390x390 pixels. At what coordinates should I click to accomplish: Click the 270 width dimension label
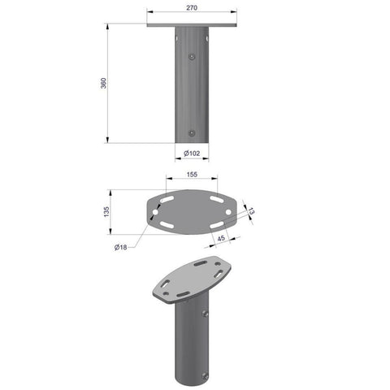[192, 8]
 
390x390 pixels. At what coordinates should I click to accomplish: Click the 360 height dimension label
[103, 83]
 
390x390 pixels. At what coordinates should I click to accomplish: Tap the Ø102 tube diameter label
[192, 154]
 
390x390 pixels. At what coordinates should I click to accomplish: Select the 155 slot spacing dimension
[192, 175]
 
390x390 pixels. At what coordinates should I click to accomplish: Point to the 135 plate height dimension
[106, 211]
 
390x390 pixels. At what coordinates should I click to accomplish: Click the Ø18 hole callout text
[120, 247]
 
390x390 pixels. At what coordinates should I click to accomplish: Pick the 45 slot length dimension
[221, 238]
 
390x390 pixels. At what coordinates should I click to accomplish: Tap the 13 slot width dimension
[251, 211]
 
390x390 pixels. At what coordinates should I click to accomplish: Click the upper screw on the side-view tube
[192, 56]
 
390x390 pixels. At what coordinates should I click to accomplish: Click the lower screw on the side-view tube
[192, 133]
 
